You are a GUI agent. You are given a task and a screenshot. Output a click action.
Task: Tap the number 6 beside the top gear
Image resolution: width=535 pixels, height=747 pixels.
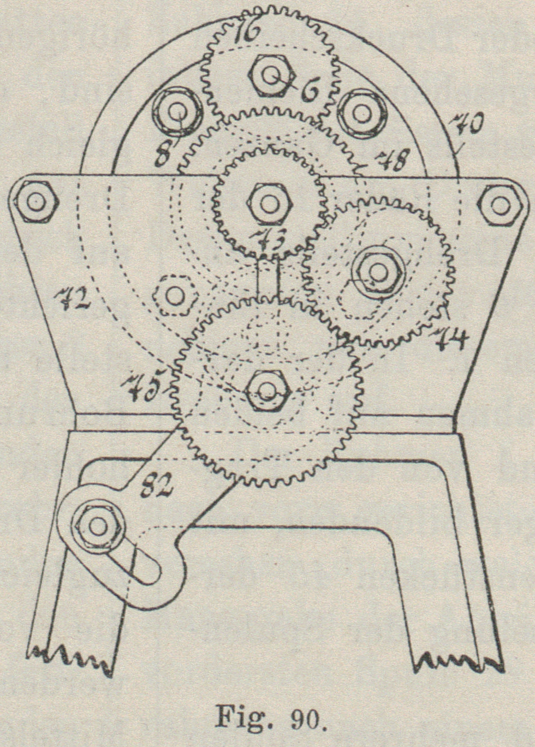point(311,90)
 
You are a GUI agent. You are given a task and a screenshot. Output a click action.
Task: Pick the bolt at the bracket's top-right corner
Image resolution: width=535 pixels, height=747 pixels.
point(500,204)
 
